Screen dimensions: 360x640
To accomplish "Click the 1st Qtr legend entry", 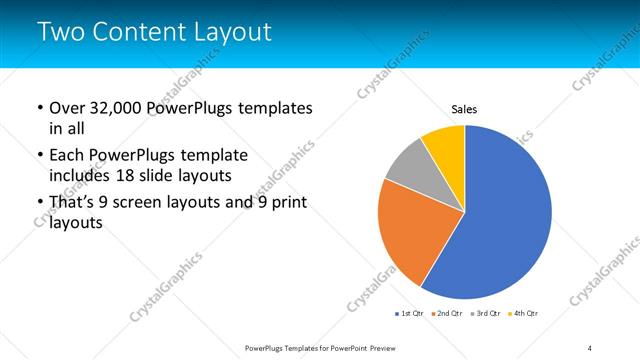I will click(x=410, y=314).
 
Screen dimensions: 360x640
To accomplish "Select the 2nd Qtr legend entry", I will click(x=447, y=314).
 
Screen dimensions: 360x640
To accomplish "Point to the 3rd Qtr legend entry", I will click(x=484, y=314).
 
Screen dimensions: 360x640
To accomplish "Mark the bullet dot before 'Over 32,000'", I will click(x=39, y=107).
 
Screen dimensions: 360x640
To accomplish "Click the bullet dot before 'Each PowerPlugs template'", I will click(x=39, y=156).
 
